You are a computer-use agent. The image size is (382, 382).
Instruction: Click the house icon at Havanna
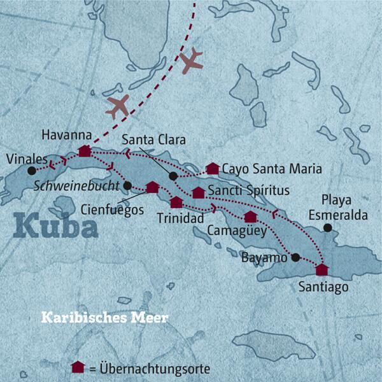coord(84,151)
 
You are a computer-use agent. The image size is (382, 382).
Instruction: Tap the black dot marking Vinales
coord(31,171)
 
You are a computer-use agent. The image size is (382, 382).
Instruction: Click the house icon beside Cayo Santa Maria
coord(213,169)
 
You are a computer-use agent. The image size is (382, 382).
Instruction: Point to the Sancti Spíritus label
coord(249,191)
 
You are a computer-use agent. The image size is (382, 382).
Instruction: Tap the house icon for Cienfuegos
coord(152,187)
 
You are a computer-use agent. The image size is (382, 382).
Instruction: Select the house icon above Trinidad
coord(176,202)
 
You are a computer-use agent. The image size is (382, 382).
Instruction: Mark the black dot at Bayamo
coord(295,258)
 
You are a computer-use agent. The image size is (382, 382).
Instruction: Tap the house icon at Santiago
coord(322,269)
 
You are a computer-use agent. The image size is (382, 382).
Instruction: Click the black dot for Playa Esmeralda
coord(327,228)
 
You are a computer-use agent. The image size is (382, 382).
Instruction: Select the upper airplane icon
coord(191,60)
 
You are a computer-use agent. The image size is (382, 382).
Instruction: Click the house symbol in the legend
coord(78,367)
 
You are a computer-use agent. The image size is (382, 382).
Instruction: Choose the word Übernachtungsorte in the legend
coord(155,369)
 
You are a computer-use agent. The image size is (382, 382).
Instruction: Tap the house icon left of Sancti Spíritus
coord(199,192)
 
